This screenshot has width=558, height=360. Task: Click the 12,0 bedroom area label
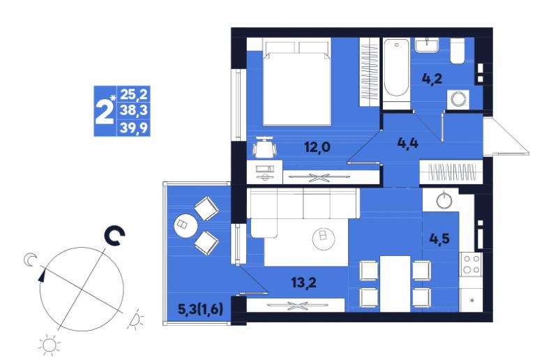(x=317, y=147)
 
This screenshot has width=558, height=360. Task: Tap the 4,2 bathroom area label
(x=432, y=78)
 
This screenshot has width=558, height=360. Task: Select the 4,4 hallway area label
(x=407, y=143)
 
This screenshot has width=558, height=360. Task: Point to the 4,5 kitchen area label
(x=439, y=239)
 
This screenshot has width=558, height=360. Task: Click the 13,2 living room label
(x=303, y=283)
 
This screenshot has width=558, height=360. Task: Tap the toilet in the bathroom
(x=458, y=51)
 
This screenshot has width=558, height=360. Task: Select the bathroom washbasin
(x=427, y=45)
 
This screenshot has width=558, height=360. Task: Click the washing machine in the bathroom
(x=458, y=99)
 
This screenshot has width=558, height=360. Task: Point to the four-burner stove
(x=470, y=264)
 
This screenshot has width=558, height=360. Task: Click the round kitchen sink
(x=444, y=200)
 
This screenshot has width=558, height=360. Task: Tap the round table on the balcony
(x=186, y=225)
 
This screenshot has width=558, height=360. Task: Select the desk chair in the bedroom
(x=264, y=147)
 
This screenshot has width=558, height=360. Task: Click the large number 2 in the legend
(x=104, y=111)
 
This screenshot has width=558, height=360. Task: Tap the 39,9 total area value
(x=133, y=128)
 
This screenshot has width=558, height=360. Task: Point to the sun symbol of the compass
(x=50, y=345)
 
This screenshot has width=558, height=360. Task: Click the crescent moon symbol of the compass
(x=29, y=260)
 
